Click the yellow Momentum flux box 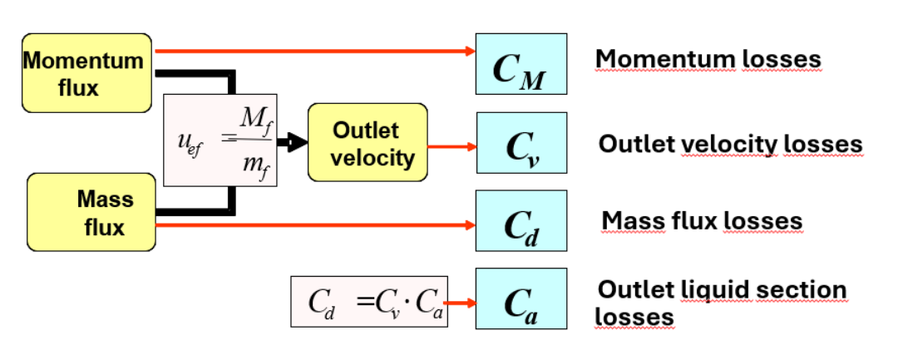pos(86,73)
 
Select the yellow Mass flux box pos(91,212)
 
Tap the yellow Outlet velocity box pos(367,143)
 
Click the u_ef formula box pos(221,140)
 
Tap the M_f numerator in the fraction pos(253,121)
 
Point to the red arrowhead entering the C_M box pos(469,52)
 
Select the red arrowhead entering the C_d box pos(469,225)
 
